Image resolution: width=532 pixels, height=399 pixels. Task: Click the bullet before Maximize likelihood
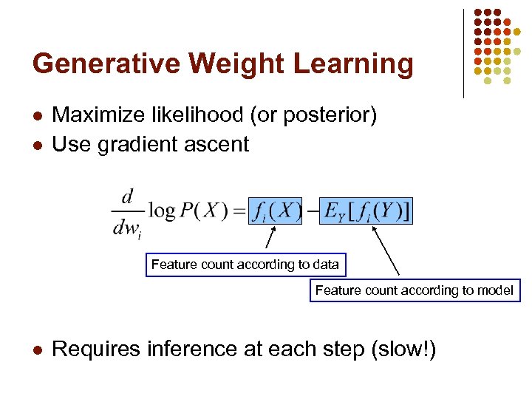(38, 116)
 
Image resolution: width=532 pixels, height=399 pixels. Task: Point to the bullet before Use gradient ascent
(38, 145)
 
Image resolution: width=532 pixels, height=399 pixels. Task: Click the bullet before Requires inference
(38, 349)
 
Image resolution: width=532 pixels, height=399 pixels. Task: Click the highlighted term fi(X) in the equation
(275, 211)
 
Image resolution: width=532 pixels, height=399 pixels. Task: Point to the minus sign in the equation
(313, 211)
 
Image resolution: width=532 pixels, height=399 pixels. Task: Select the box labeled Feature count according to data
(245, 265)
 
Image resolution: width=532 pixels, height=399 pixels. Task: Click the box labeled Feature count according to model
(414, 290)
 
